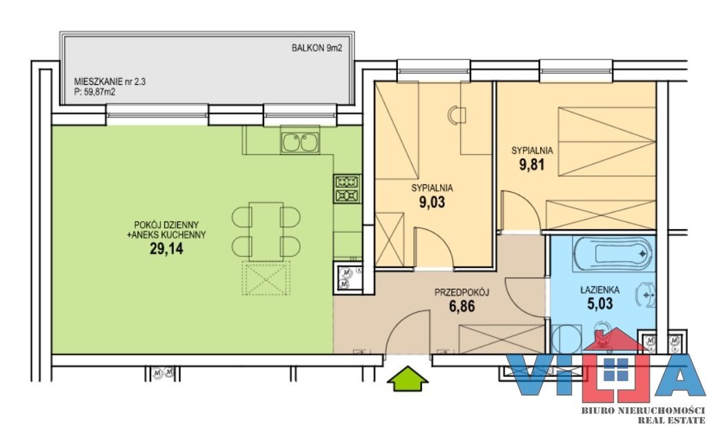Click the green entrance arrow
pos(407,378)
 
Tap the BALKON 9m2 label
pos(317,48)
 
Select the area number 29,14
pos(166,249)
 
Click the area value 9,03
pos(432,202)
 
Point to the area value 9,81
pos(532,164)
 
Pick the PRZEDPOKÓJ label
pos(461,293)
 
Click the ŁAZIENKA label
pos(599,290)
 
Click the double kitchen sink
pos(300,142)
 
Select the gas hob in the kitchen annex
pos(347,188)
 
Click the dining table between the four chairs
pos(266,232)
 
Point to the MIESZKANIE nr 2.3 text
pos(110,81)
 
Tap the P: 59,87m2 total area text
pos(95,92)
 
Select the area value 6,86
pos(461,306)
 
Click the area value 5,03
pos(599,303)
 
